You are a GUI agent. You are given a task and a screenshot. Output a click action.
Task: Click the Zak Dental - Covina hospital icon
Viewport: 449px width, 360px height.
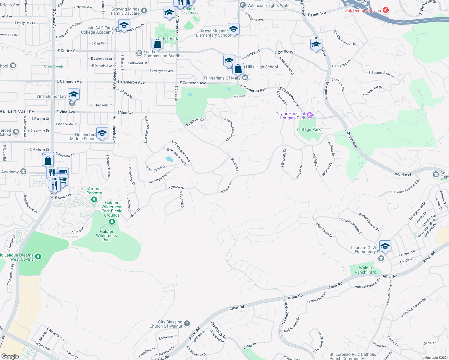(x=386, y=10)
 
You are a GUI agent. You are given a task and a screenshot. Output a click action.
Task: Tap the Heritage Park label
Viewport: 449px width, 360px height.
(x=308, y=130)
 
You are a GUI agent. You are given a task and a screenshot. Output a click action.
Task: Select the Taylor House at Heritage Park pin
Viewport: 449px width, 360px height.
(x=310, y=115)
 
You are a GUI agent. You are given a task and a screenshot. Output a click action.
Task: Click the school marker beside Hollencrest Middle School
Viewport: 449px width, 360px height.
(x=102, y=133)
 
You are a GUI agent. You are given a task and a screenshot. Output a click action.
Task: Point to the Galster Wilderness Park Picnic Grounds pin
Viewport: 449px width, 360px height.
(x=112, y=222)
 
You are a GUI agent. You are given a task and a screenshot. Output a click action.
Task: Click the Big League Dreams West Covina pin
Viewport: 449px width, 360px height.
(x=38, y=256)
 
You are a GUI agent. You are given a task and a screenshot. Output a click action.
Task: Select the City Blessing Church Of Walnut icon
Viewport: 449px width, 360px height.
(x=187, y=323)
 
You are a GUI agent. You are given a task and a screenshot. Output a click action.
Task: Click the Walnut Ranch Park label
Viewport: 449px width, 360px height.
(x=365, y=270)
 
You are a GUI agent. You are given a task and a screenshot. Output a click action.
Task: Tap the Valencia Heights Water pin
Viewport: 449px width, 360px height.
(x=243, y=5)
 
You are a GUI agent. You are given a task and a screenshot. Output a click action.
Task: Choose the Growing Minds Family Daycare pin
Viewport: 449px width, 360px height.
(x=144, y=11)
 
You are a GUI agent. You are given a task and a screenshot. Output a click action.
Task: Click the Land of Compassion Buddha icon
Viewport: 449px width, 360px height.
(x=139, y=53)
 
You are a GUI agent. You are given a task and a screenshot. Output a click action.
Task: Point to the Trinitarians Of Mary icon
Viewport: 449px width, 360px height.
(x=245, y=78)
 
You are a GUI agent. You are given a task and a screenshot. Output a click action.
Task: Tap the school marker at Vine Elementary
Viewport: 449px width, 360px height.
(x=74, y=94)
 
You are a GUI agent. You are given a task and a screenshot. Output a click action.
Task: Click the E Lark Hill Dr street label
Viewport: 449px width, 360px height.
(x=195, y=122)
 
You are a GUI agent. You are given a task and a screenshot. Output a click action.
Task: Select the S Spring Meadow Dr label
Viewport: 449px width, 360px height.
(x=230, y=129)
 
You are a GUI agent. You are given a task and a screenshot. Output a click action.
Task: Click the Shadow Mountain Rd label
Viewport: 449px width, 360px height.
(x=406, y=186)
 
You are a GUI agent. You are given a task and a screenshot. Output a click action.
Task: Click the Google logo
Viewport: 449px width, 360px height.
(x=10, y=356)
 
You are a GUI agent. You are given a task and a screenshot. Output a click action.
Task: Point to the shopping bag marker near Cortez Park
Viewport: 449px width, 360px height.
(x=157, y=44)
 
